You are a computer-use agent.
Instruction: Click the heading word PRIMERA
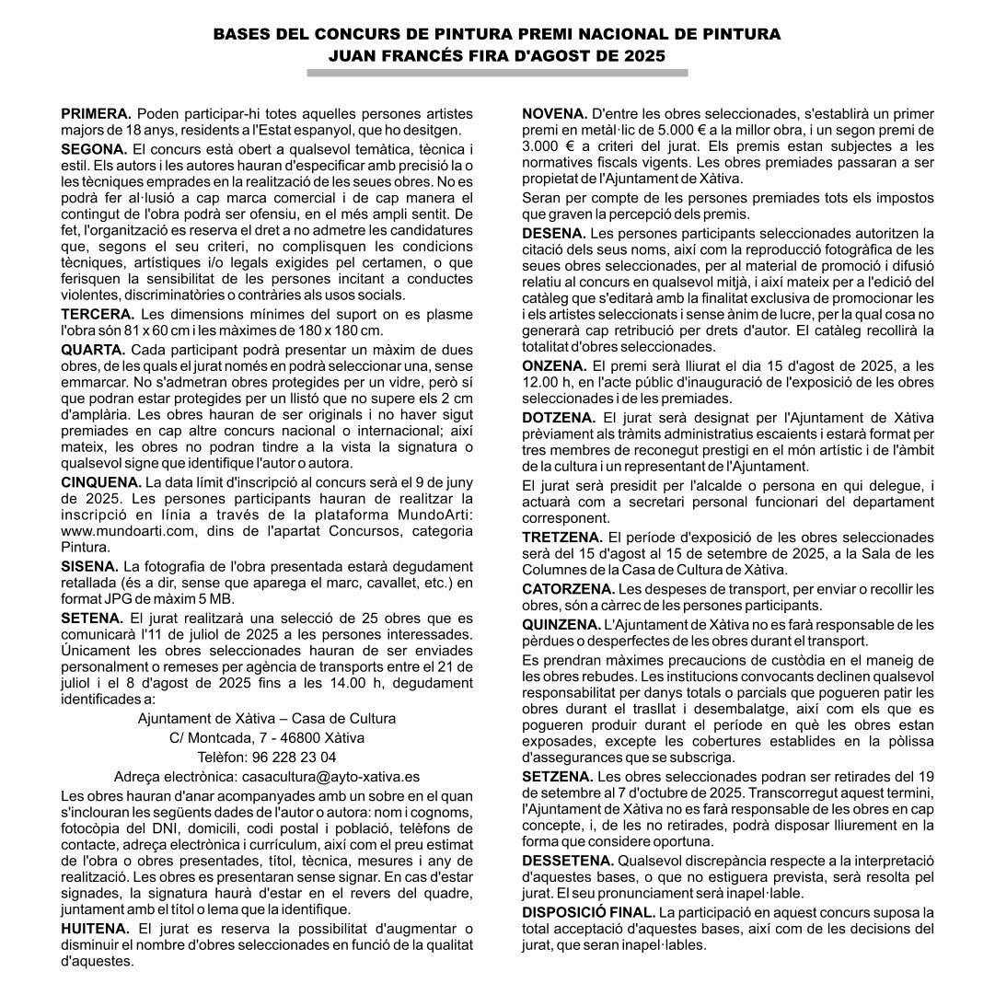(96, 114)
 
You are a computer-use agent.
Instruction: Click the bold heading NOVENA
(555, 114)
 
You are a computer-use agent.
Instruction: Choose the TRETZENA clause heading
(561, 537)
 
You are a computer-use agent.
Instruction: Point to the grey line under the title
(497, 73)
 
